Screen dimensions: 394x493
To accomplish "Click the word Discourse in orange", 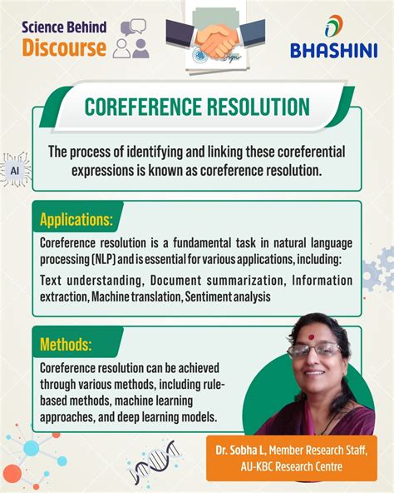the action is (64, 47).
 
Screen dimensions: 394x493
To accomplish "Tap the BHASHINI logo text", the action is (333, 51).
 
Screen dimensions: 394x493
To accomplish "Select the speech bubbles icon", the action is (134, 27).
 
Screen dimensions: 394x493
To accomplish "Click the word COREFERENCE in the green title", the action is (143, 107).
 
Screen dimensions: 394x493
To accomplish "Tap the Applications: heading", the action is (76, 219).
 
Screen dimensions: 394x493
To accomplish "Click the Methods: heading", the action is (66, 344).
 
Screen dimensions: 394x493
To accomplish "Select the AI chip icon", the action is (15, 171).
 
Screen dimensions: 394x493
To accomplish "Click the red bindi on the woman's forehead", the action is (311, 337).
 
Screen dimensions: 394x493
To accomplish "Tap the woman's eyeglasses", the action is (314, 351).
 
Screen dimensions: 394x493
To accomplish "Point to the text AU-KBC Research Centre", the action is (291, 466).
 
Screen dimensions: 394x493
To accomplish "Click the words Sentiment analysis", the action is (228, 296).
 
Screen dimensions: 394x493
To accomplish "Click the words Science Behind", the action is (64, 27).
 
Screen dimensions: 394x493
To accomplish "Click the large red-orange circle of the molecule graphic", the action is (12, 474).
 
